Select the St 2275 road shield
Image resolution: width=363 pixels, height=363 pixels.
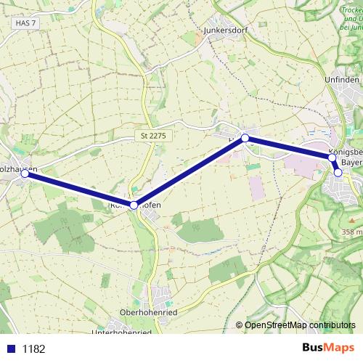(x=153, y=136)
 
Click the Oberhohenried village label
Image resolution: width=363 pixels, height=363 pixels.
(x=150, y=313)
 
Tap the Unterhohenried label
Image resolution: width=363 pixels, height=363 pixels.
(x=122, y=333)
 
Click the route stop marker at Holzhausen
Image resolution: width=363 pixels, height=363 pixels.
(x=25, y=174)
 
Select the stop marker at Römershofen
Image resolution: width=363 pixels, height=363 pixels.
(x=134, y=205)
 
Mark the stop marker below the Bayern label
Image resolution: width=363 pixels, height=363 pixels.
(x=338, y=173)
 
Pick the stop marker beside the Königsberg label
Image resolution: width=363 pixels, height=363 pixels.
(x=332, y=158)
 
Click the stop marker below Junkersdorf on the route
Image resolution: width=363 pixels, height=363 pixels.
(x=245, y=138)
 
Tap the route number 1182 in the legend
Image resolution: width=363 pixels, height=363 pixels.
(x=33, y=349)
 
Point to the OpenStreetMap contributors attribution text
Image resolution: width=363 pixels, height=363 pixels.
(x=299, y=325)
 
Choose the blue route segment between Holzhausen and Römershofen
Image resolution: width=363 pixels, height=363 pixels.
(x=80, y=189)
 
